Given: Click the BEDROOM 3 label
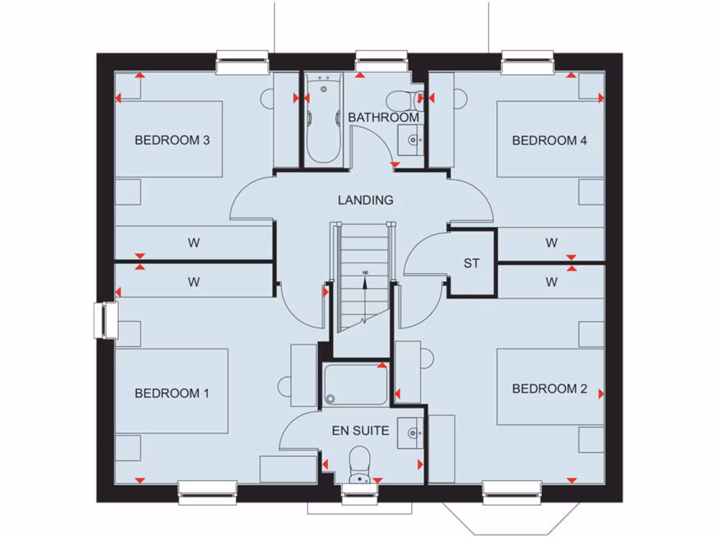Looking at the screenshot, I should [x=172, y=140].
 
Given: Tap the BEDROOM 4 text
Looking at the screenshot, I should [x=549, y=140].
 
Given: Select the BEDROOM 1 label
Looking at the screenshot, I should [x=172, y=393].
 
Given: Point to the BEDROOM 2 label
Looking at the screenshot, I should [x=549, y=389].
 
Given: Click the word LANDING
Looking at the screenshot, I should [x=365, y=200].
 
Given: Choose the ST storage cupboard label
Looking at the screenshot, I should [x=471, y=264].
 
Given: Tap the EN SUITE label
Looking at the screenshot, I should [x=360, y=431].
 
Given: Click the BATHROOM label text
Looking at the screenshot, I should [x=383, y=117].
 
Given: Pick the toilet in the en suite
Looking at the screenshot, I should [x=359, y=466].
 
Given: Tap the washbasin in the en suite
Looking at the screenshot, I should [x=410, y=434].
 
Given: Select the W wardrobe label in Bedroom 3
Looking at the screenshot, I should [x=194, y=243].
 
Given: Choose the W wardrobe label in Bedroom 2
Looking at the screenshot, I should [x=552, y=282].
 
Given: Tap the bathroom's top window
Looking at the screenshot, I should [x=381, y=62].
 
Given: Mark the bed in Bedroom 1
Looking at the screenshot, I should [x=172, y=392].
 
